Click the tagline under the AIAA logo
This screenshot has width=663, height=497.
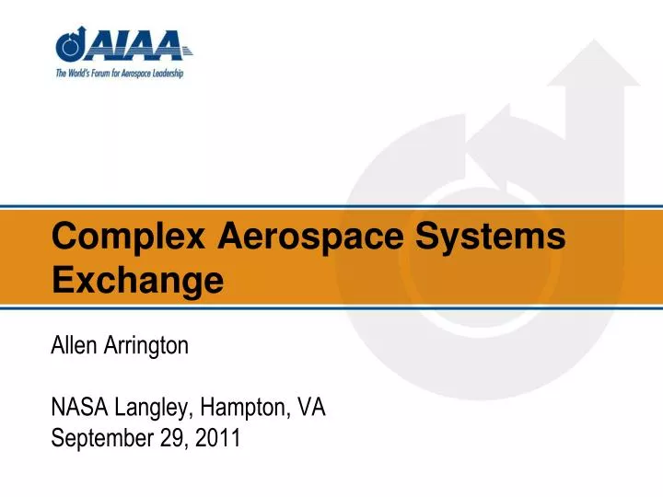coord(119,72)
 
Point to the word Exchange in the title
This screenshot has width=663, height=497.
coord(138,277)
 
